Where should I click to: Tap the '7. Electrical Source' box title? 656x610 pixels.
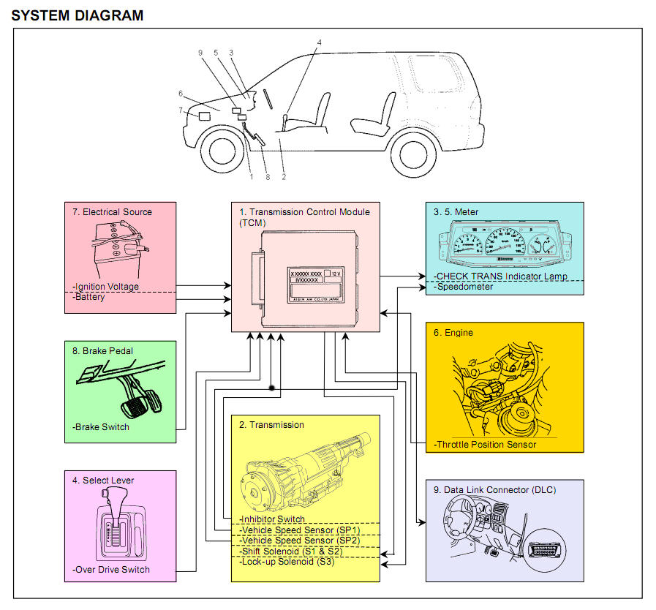(112, 212)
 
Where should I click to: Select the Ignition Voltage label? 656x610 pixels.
(106, 287)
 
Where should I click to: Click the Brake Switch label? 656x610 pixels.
(102, 427)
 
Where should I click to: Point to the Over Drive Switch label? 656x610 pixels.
(111, 570)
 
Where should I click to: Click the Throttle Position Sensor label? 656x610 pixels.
(485, 444)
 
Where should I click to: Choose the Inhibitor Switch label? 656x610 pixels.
(272, 519)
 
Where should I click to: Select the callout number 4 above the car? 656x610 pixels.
(319, 42)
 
